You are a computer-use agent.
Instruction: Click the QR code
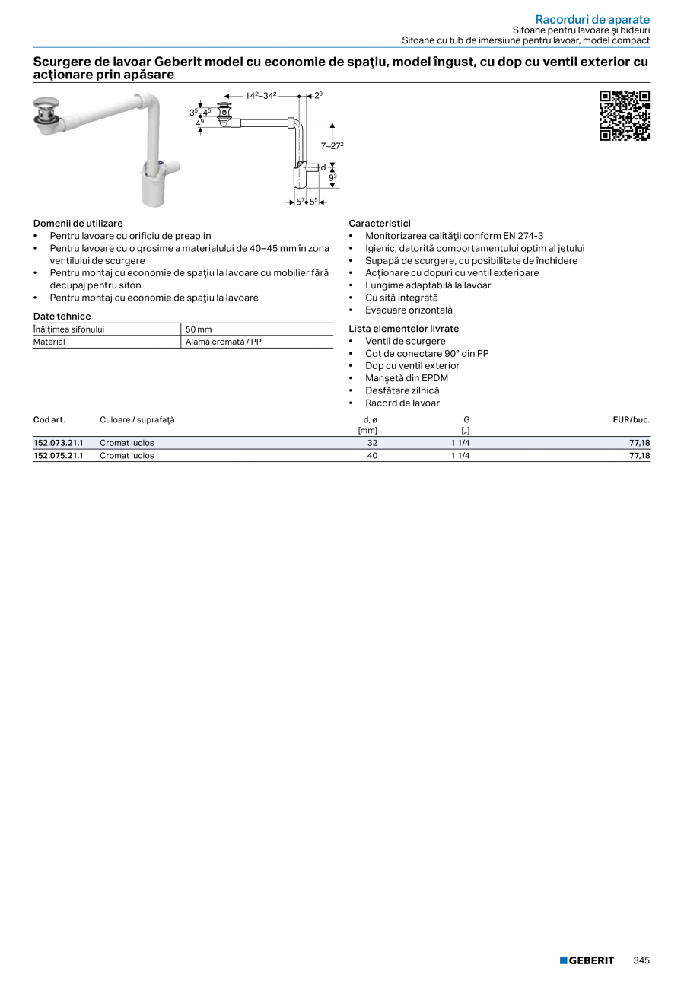pyautogui.click(x=625, y=116)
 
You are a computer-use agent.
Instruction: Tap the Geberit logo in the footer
pyautogui.click(x=587, y=960)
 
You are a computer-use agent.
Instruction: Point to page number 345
pyautogui.click(x=641, y=960)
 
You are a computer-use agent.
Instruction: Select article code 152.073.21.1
pyautogui.click(x=58, y=443)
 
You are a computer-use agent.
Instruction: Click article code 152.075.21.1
pyautogui.click(x=58, y=456)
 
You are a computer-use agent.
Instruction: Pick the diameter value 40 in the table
pyautogui.click(x=372, y=456)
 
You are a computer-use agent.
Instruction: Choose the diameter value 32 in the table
pyautogui.click(x=372, y=443)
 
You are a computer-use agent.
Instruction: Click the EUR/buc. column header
pyautogui.click(x=631, y=419)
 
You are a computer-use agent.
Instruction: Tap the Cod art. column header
pyautogui.click(x=49, y=419)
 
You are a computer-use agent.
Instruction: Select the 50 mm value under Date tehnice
pyautogui.click(x=199, y=329)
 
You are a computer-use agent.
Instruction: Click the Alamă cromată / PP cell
pyautogui.click(x=224, y=342)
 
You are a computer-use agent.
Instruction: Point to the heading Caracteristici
pyautogui.click(x=379, y=224)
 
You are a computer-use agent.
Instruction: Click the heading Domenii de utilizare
pyautogui.click(x=78, y=224)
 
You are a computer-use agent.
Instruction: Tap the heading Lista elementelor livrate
pyautogui.click(x=403, y=329)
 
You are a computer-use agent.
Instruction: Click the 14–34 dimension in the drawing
pyautogui.click(x=261, y=96)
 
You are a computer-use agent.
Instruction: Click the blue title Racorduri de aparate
pyautogui.click(x=592, y=18)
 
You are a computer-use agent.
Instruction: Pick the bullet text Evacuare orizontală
pyautogui.click(x=409, y=310)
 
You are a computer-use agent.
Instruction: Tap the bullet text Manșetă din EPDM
pyautogui.click(x=406, y=378)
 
